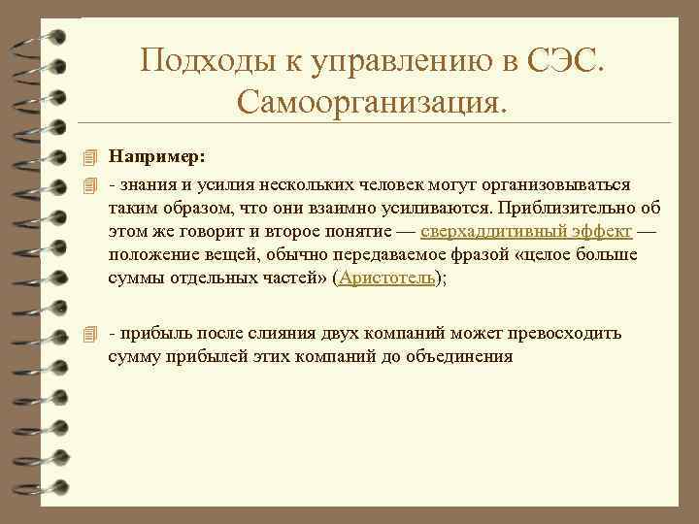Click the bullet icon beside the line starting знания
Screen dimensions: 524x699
90,184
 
